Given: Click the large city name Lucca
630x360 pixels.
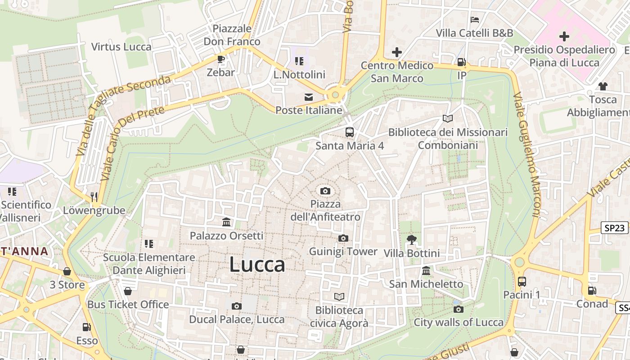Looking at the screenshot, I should [x=257, y=265].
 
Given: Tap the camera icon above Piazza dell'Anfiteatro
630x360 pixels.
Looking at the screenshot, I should [x=325, y=191].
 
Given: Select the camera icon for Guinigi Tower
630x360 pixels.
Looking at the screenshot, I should [x=343, y=238].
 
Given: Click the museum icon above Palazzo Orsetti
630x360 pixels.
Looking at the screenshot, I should [x=226, y=222].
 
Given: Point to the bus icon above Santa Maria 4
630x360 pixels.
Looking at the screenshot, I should [x=350, y=132].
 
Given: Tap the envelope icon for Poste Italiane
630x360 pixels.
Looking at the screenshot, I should [x=309, y=97].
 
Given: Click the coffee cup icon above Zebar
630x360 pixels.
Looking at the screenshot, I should [x=220, y=59].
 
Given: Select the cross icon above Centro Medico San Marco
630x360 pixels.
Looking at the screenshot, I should [x=396, y=52].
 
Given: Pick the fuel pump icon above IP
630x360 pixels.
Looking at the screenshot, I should [x=461, y=62].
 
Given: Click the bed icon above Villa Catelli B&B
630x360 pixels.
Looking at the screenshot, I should [x=474, y=20].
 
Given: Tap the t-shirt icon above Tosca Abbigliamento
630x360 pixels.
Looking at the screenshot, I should [x=603, y=86].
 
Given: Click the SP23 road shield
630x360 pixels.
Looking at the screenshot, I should [x=615, y=228].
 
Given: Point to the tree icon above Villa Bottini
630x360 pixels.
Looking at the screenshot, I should [x=411, y=240].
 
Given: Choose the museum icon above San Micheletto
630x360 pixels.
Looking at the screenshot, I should [x=426, y=271].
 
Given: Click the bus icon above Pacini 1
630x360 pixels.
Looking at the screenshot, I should [x=522, y=282].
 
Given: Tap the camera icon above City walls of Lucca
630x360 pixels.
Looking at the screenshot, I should [x=459, y=309].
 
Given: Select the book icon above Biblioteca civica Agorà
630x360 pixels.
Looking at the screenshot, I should [x=339, y=297].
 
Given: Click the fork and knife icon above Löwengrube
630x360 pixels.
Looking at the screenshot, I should [x=94, y=197].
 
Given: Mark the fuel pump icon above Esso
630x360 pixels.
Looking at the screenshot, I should [x=86, y=328].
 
